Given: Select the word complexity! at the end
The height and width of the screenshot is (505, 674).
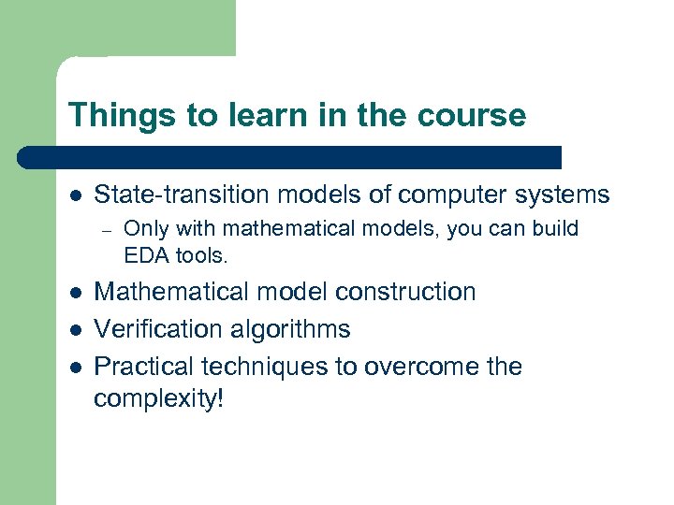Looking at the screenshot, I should click(x=159, y=399).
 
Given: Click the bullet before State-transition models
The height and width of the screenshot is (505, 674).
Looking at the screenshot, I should click(x=75, y=195).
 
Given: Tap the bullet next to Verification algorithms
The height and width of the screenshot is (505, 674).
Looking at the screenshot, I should click(x=75, y=330).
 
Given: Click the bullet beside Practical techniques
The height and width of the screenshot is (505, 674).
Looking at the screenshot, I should click(x=75, y=368).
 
